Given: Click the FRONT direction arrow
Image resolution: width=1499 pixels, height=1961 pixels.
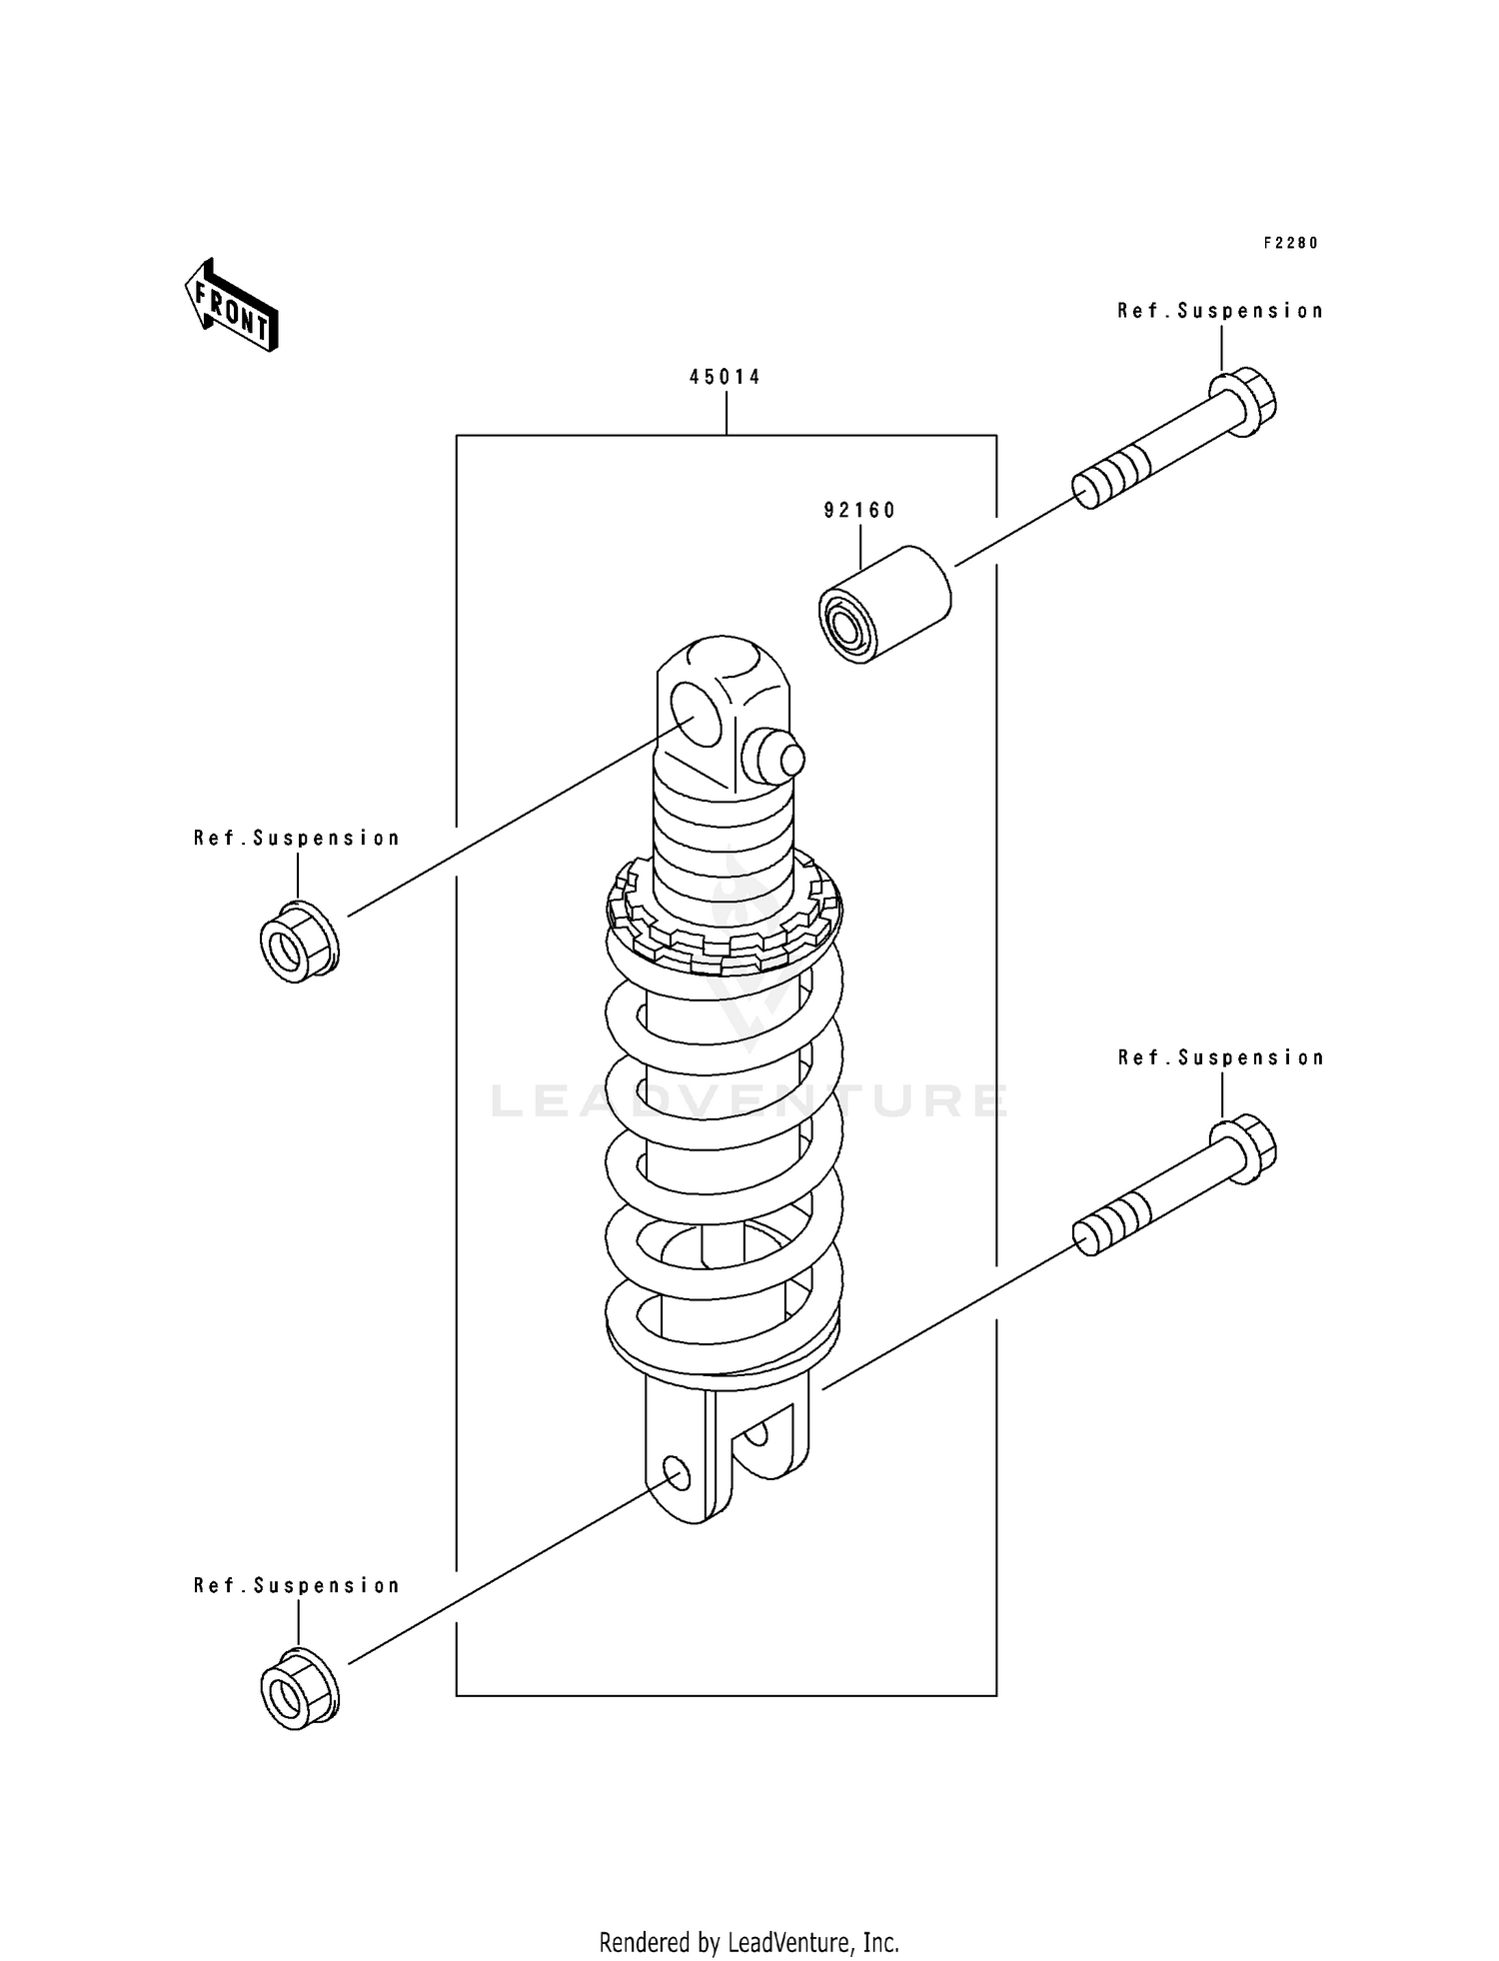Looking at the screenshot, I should (231, 306).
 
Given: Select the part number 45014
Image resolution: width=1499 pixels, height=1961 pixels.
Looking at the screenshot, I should (725, 377).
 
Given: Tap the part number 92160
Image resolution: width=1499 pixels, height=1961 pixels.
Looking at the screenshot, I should (859, 511).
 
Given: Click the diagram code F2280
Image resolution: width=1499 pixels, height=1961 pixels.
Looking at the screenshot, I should (1290, 243).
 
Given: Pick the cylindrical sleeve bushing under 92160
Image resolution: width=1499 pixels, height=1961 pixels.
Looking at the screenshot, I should (884, 604).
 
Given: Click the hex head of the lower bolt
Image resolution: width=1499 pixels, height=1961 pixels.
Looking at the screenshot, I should (1244, 1150).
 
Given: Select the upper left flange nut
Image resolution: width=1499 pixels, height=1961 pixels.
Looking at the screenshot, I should (299, 942).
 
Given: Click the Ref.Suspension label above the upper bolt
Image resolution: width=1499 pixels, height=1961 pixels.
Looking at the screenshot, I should (1220, 311).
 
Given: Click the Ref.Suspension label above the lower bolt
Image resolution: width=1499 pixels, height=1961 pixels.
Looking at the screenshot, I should (1220, 1057).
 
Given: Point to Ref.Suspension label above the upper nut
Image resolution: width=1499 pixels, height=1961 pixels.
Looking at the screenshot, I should (297, 839).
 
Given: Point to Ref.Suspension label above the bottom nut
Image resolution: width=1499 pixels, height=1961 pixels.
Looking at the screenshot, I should (297, 1585).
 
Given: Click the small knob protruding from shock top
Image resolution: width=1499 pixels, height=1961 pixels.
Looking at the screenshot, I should (779, 758).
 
